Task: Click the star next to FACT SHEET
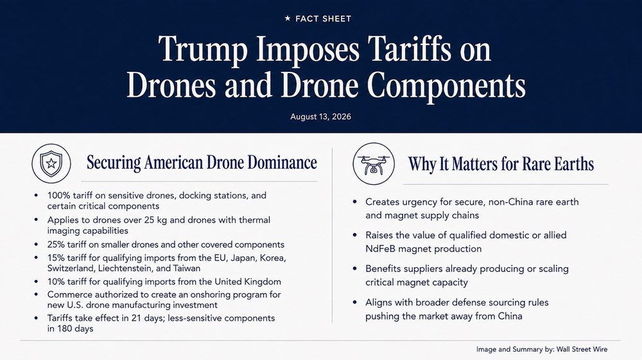(x=288, y=19)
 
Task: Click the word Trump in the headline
(x=203, y=50)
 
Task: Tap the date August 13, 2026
(x=320, y=117)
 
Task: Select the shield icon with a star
(x=51, y=163)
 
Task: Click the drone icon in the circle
(x=374, y=164)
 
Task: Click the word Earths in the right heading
(x=573, y=164)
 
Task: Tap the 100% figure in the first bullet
(x=58, y=196)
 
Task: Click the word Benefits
(x=382, y=269)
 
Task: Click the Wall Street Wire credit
(x=582, y=349)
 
